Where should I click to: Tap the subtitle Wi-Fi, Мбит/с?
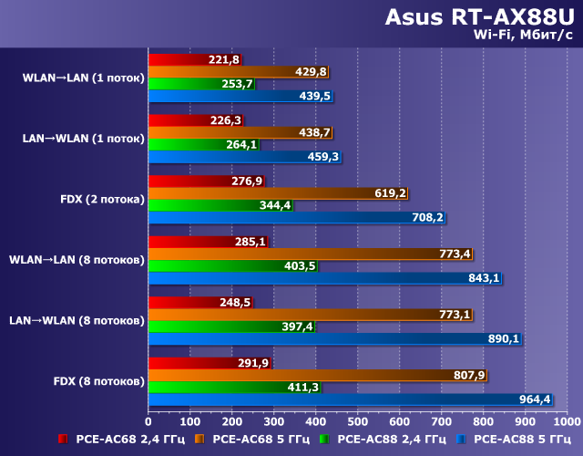click(x=523, y=36)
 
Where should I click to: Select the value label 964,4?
click(x=536, y=399)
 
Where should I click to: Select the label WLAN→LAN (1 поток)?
click(x=84, y=78)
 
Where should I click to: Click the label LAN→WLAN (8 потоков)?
click(x=77, y=320)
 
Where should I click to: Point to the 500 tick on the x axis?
click(x=358, y=422)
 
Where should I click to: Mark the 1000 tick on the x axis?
click(x=567, y=422)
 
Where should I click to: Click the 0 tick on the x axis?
click(x=148, y=422)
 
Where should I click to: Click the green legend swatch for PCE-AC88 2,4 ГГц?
click(x=326, y=440)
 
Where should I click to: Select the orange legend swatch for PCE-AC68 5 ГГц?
click(x=199, y=440)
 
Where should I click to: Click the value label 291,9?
click(x=254, y=363)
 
